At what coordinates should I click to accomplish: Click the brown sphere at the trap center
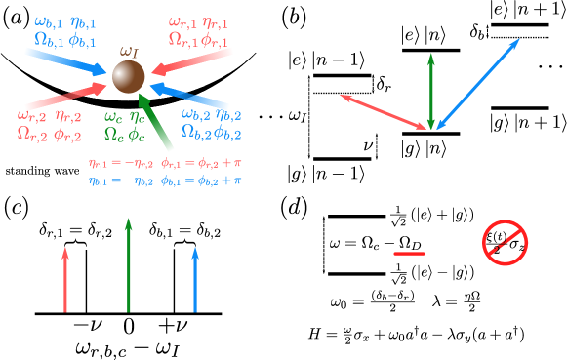(x=128, y=76)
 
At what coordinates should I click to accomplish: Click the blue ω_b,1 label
(x=49, y=20)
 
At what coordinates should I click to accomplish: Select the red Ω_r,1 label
(x=182, y=39)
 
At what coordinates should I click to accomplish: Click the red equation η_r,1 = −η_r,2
(x=121, y=163)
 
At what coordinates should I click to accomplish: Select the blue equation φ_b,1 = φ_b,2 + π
(x=202, y=180)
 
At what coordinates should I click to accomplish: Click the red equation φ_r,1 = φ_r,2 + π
(x=202, y=163)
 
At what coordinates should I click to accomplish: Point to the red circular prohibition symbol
(x=505, y=243)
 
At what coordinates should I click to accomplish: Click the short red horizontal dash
(x=409, y=254)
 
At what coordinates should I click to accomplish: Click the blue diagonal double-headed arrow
(x=478, y=84)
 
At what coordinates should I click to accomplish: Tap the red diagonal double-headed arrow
(x=384, y=111)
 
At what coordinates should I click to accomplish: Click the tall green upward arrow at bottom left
(x=128, y=265)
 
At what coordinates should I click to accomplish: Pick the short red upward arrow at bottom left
(x=65, y=280)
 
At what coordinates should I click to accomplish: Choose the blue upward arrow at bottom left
(x=195, y=280)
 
